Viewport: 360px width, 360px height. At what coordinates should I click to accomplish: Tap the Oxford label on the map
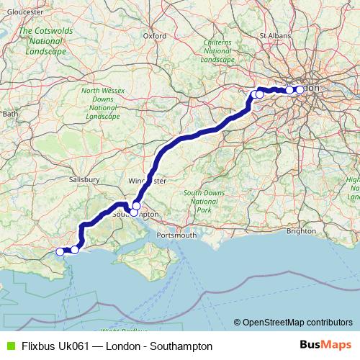coord(155,35)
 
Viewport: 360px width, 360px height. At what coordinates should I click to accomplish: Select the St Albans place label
coord(274,34)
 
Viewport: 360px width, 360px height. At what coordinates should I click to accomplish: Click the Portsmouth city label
coord(176,235)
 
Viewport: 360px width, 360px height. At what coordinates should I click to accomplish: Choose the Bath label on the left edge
coord(9,114)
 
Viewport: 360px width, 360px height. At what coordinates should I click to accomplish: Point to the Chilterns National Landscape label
coord(217,51)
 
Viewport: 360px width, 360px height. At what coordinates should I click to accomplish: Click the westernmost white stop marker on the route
coord(60,252)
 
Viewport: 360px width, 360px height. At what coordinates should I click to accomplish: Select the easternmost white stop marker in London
coord(300,89)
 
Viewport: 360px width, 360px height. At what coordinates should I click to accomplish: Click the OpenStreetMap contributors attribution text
coord(297,322)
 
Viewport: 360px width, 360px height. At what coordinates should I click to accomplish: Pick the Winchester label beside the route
coord(147,181)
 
